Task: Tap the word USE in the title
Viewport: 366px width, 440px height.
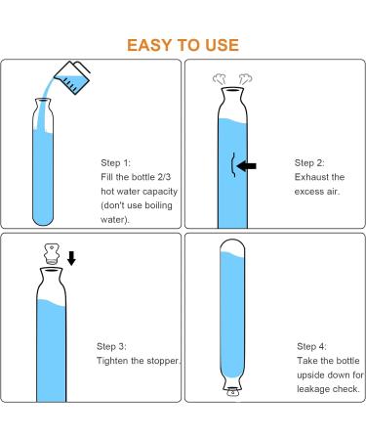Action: click(223, 45)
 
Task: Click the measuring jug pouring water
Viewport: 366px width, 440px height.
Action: click(72, 77)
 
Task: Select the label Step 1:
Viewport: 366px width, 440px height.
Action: click(115, 162)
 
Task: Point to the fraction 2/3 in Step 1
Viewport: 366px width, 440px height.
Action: click(164, 177)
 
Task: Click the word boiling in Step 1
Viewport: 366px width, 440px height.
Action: click(158, 205)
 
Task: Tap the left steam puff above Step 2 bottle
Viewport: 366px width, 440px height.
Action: click(220, 79)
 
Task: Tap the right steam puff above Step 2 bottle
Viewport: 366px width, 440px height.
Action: click(245, 79)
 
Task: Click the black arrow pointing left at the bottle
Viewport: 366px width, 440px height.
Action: click(247, 166)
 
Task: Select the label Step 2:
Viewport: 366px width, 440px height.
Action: click(309, 162)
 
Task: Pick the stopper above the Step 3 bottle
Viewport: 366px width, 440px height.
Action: click(52, 253)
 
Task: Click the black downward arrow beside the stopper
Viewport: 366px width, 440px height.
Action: click(71, 258)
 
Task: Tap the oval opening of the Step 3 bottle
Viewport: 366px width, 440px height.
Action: click(51, 270)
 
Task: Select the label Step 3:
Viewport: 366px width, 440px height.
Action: click(111, 346)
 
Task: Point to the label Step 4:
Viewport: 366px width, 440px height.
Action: click(311, 346)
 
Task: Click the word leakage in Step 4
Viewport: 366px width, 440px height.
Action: click(314, 389)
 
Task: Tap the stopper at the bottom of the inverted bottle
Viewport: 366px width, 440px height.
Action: click(232, 392)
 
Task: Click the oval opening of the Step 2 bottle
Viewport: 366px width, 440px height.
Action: click(232, 90)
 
